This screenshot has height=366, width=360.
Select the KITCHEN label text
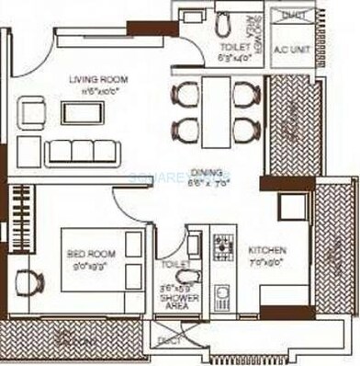[x=266, y=249]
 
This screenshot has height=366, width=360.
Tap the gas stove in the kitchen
[x=223, y=246]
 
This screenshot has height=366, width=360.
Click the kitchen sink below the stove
[x=222, y=297]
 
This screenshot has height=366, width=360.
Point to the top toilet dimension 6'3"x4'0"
[x=235, y=58]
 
